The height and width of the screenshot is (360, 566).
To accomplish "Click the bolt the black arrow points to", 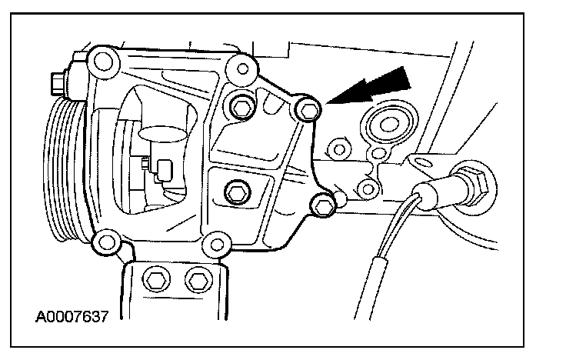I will [x=308, y=111].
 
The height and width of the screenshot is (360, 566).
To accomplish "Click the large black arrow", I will [x=376, y=86].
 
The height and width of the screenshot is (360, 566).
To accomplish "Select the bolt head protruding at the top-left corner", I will [x=58, y=79].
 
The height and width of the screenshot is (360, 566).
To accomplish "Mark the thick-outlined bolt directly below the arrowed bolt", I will [x=325, y=202].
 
